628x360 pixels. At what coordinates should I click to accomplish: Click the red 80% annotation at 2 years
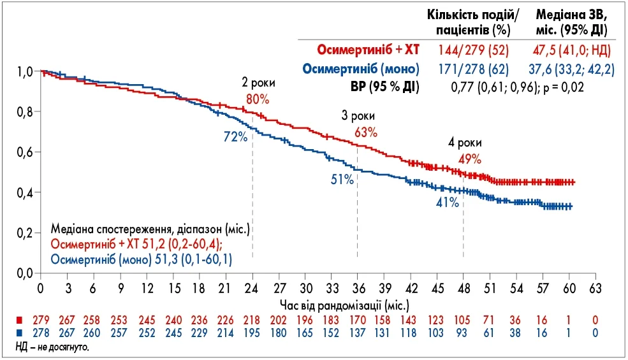258,100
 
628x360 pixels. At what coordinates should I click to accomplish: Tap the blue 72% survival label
235,137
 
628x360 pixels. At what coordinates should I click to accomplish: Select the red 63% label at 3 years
366,133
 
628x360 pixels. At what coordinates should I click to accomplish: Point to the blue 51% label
342,180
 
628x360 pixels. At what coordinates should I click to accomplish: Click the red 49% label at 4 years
469,159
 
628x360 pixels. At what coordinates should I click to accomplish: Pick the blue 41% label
448,202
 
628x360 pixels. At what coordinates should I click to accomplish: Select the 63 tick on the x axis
595,287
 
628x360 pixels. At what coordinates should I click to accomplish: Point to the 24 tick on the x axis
253,287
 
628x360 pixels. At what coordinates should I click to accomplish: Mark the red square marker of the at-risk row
20,319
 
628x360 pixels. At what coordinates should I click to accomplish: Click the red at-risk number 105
463,319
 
